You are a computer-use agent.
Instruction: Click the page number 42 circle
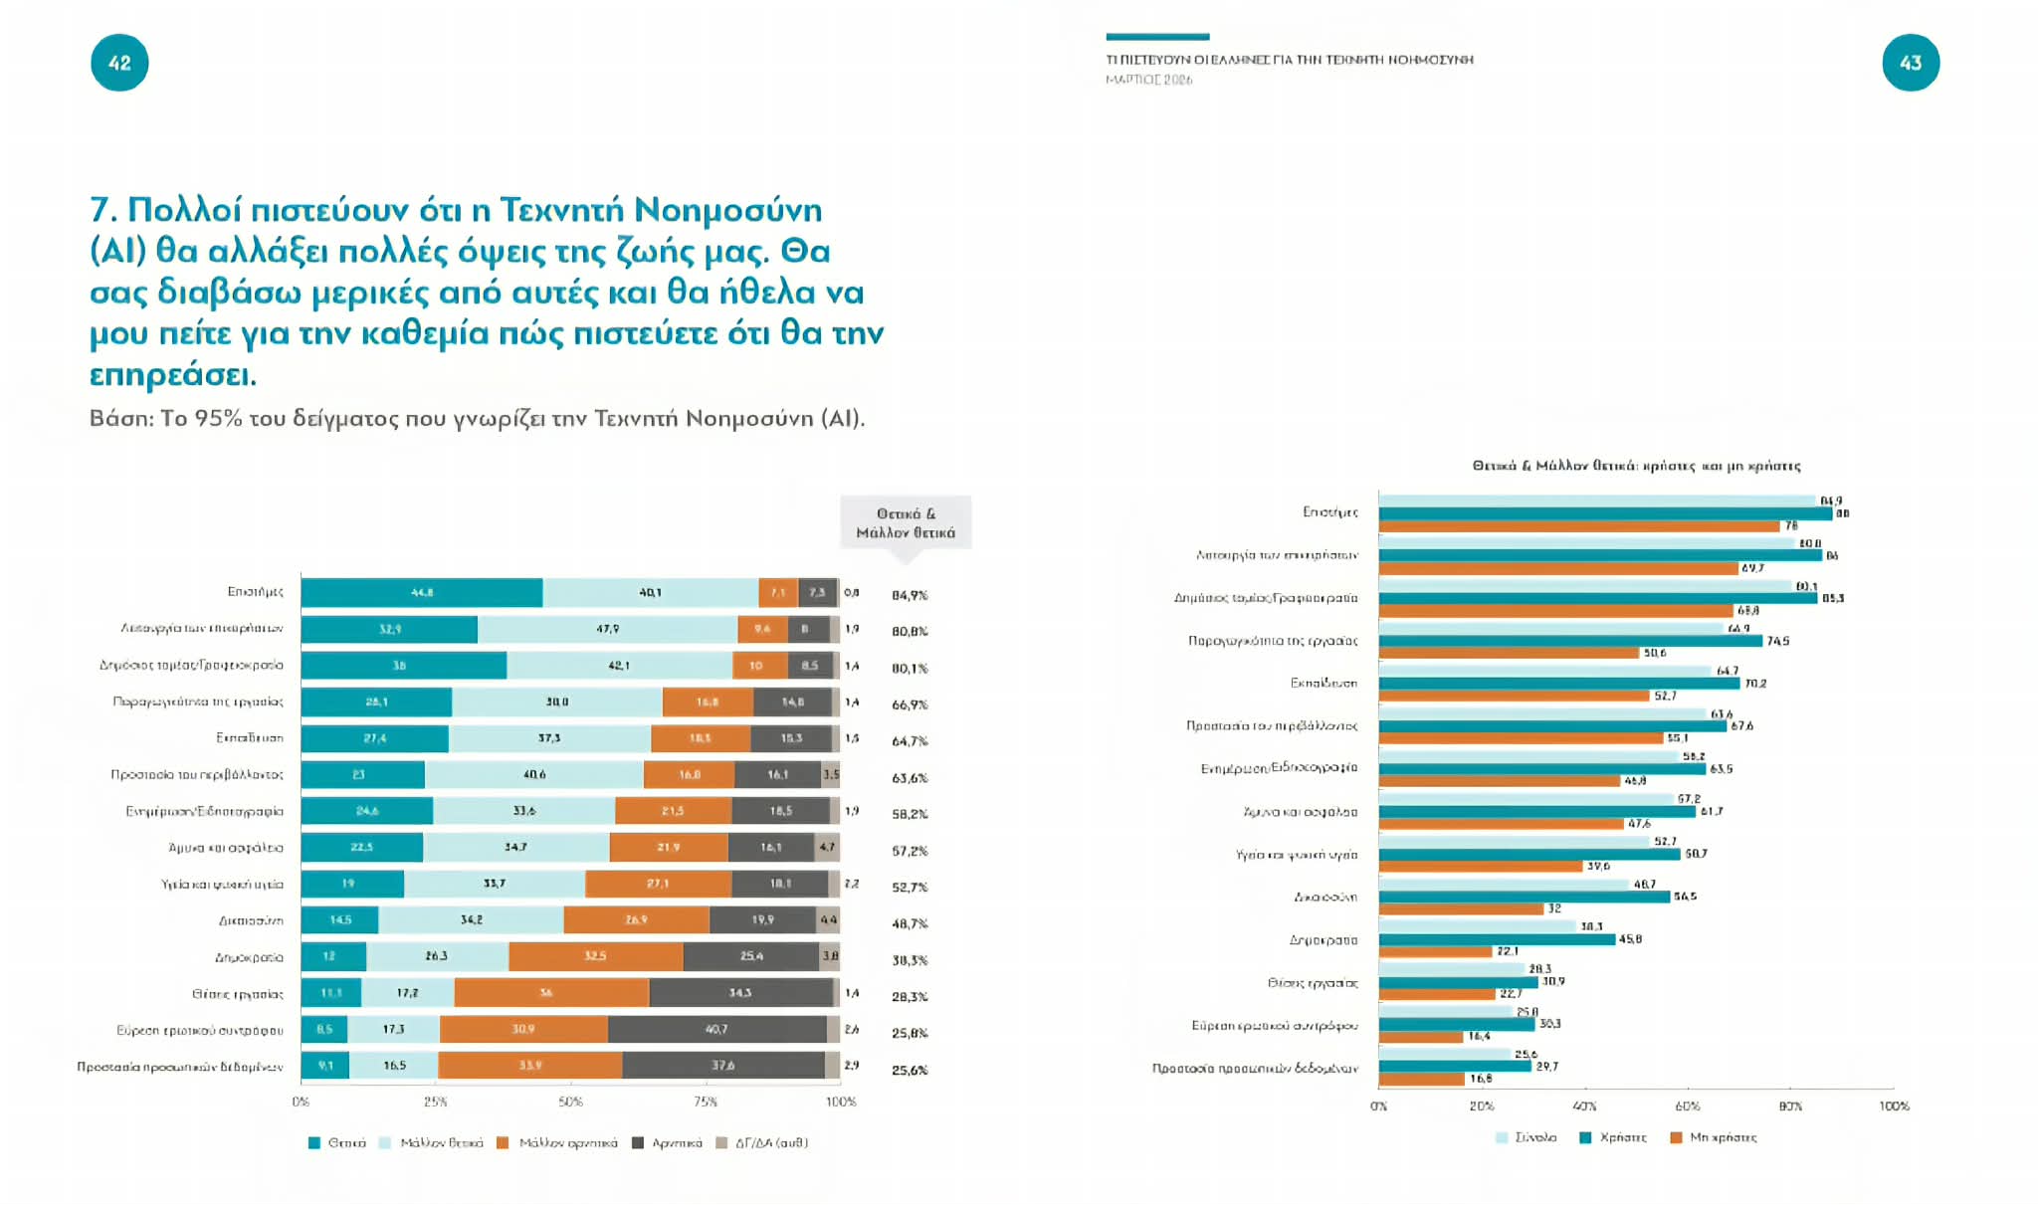[119, 63]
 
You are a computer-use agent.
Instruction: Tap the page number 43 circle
[1910, 63]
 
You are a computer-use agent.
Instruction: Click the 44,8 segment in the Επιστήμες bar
[422, 592]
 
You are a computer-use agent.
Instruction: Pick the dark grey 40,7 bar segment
[716, 1029]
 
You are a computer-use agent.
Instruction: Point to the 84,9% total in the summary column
[909, 595]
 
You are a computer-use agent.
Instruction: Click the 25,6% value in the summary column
[909, 1070]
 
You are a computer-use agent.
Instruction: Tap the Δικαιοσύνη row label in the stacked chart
[251, 920]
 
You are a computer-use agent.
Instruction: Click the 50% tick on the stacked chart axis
[570, 1102]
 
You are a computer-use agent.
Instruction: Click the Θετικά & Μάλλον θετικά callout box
[905, 522]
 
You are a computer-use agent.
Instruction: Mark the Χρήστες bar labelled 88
[1604, 513]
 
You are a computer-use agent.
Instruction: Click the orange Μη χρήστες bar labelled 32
[1460, 908]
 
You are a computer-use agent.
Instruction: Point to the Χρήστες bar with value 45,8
[1497, 939]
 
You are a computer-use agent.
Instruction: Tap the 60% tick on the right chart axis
[1688, 1105]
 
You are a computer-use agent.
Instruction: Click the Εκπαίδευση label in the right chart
[1323, 684]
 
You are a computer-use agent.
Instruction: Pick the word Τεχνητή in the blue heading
[560, 210]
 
